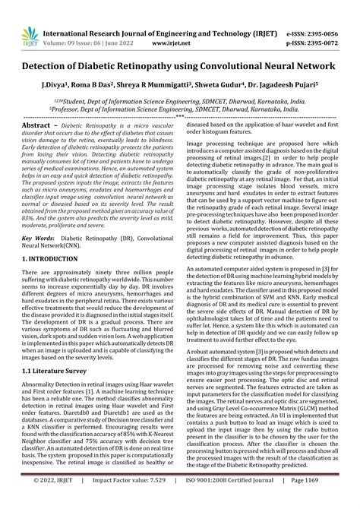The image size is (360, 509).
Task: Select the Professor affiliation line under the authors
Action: pyautogui.click(x=179, y=109)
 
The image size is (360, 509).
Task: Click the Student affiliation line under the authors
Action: pyautogui.click(x=179, y=99)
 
